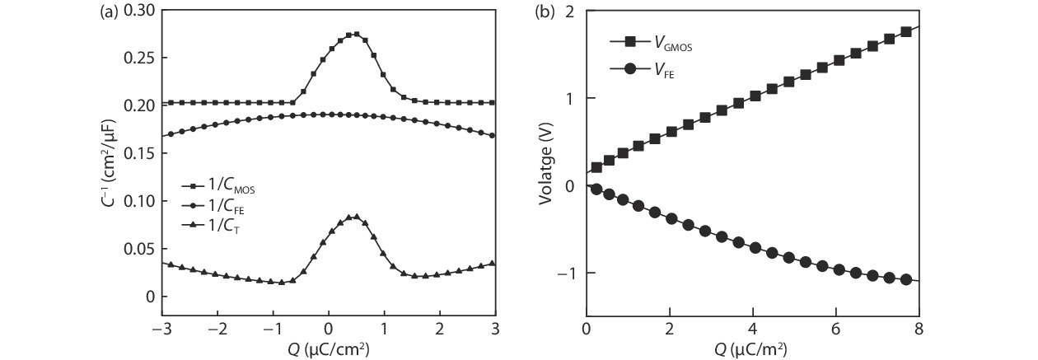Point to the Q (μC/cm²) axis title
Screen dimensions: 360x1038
[328, 350]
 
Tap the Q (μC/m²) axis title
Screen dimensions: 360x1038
[750, 350]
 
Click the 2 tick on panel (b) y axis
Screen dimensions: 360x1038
[568, 11]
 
